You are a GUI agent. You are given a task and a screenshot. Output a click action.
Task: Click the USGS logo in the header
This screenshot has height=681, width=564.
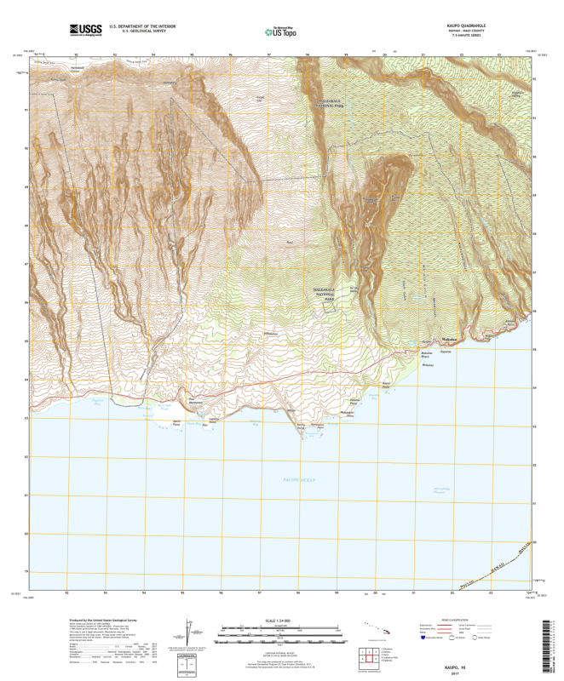tap(84, 31)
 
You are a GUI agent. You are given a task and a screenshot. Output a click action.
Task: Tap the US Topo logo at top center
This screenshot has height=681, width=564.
tap(282, 31)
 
